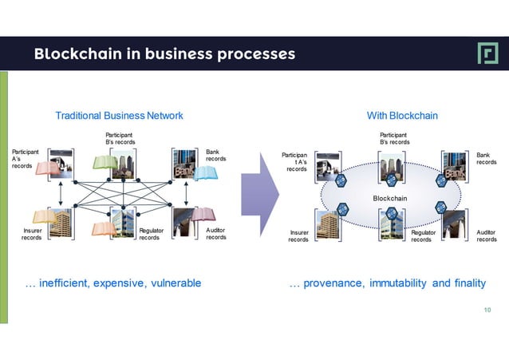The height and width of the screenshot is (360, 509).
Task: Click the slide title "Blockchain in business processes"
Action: click(164, 54)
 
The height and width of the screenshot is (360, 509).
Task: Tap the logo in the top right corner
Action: click(486, 53)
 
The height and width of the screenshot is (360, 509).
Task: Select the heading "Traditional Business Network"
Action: click(119, 116)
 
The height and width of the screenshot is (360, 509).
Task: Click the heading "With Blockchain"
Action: click(402, 116)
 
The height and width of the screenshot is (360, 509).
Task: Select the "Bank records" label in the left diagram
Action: click(215, 155)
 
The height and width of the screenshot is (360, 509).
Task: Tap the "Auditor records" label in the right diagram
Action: click(486, 235)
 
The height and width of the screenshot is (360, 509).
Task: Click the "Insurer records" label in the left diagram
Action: click(32, 234)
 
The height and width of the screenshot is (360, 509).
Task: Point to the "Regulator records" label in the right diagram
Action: click(422, 235)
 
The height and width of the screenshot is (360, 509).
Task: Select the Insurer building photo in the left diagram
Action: click(60, 224)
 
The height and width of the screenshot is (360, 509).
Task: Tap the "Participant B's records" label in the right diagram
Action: click(394, 139)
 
